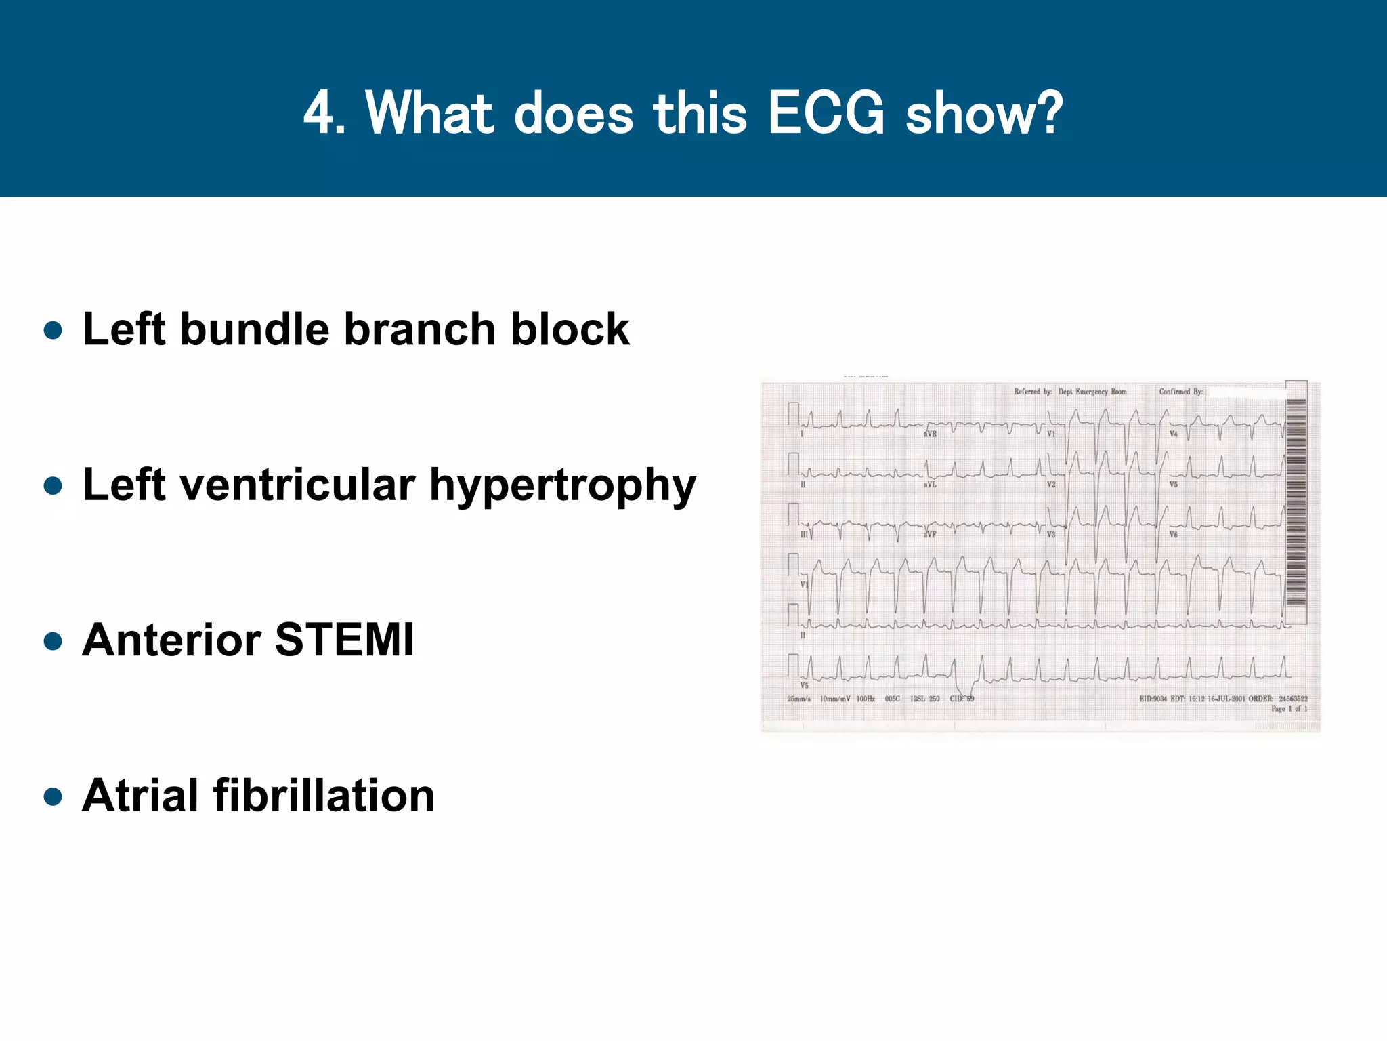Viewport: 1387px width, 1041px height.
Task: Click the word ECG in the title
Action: pyautogui.click(x=826, y=113)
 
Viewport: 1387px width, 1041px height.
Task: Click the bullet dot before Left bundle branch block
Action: pyautogui.click(x=53, y=331)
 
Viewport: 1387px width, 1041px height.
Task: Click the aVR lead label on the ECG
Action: pyautogui.click(x=931, y=434)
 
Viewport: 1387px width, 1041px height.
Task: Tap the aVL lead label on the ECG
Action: pyautogui.click(x=930, y=485)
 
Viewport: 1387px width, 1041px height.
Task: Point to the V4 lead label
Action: pyautogui.click(x=1173, y=434)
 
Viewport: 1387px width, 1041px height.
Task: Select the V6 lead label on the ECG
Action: pyautogui.click(x=1173, y=535)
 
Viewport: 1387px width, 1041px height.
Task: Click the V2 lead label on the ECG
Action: pyautogui.click(x=1051, y=485)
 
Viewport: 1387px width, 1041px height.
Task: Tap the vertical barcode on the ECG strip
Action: pyautogui.click(x=1296, y=502)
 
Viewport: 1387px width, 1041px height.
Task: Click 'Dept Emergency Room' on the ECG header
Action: pyautogui.click(x=1092, y=392)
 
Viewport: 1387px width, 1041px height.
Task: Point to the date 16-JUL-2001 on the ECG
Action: pyautogui.click(x=1226, y=699)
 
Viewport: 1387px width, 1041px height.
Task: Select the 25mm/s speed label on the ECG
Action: pyautogui.click(x=798, y=699)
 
